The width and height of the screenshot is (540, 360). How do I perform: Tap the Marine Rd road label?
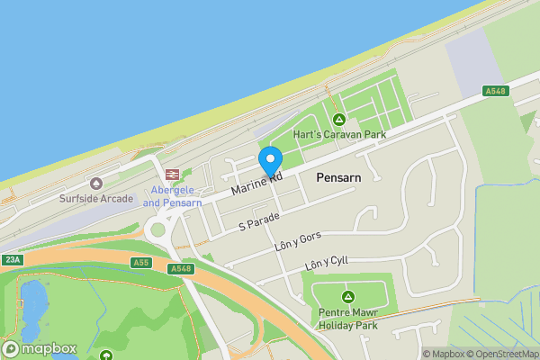[256, 184]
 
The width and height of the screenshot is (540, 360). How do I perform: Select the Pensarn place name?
[338, 178]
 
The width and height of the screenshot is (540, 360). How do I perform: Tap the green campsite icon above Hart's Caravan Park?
[339, 120]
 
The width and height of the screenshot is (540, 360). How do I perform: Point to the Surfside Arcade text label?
[96, 199]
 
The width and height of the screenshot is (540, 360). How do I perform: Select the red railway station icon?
[169, 175]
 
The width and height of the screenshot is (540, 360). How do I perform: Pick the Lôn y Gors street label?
[296, 240]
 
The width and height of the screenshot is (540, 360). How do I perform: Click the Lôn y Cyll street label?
[326, 263]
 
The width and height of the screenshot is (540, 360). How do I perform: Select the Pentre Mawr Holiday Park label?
[347, 319]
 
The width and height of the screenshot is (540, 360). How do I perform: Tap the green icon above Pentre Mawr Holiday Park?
[347, 296]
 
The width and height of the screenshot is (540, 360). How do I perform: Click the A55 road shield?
[139, 263]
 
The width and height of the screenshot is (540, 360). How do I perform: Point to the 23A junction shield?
[12, 260]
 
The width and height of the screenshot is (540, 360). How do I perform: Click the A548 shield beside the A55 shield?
[178, 267]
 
